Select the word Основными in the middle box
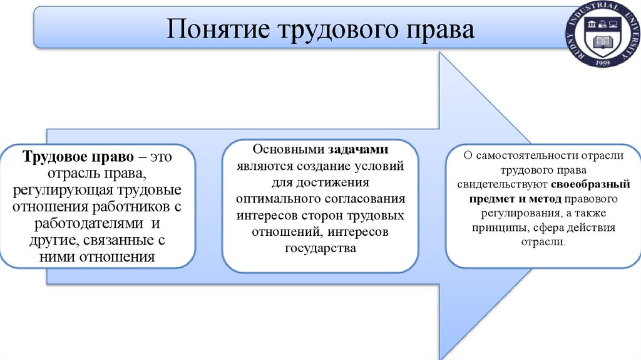tap(288, 150)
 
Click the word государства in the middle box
tap(320, 248)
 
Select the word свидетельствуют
tap(503, 184)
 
